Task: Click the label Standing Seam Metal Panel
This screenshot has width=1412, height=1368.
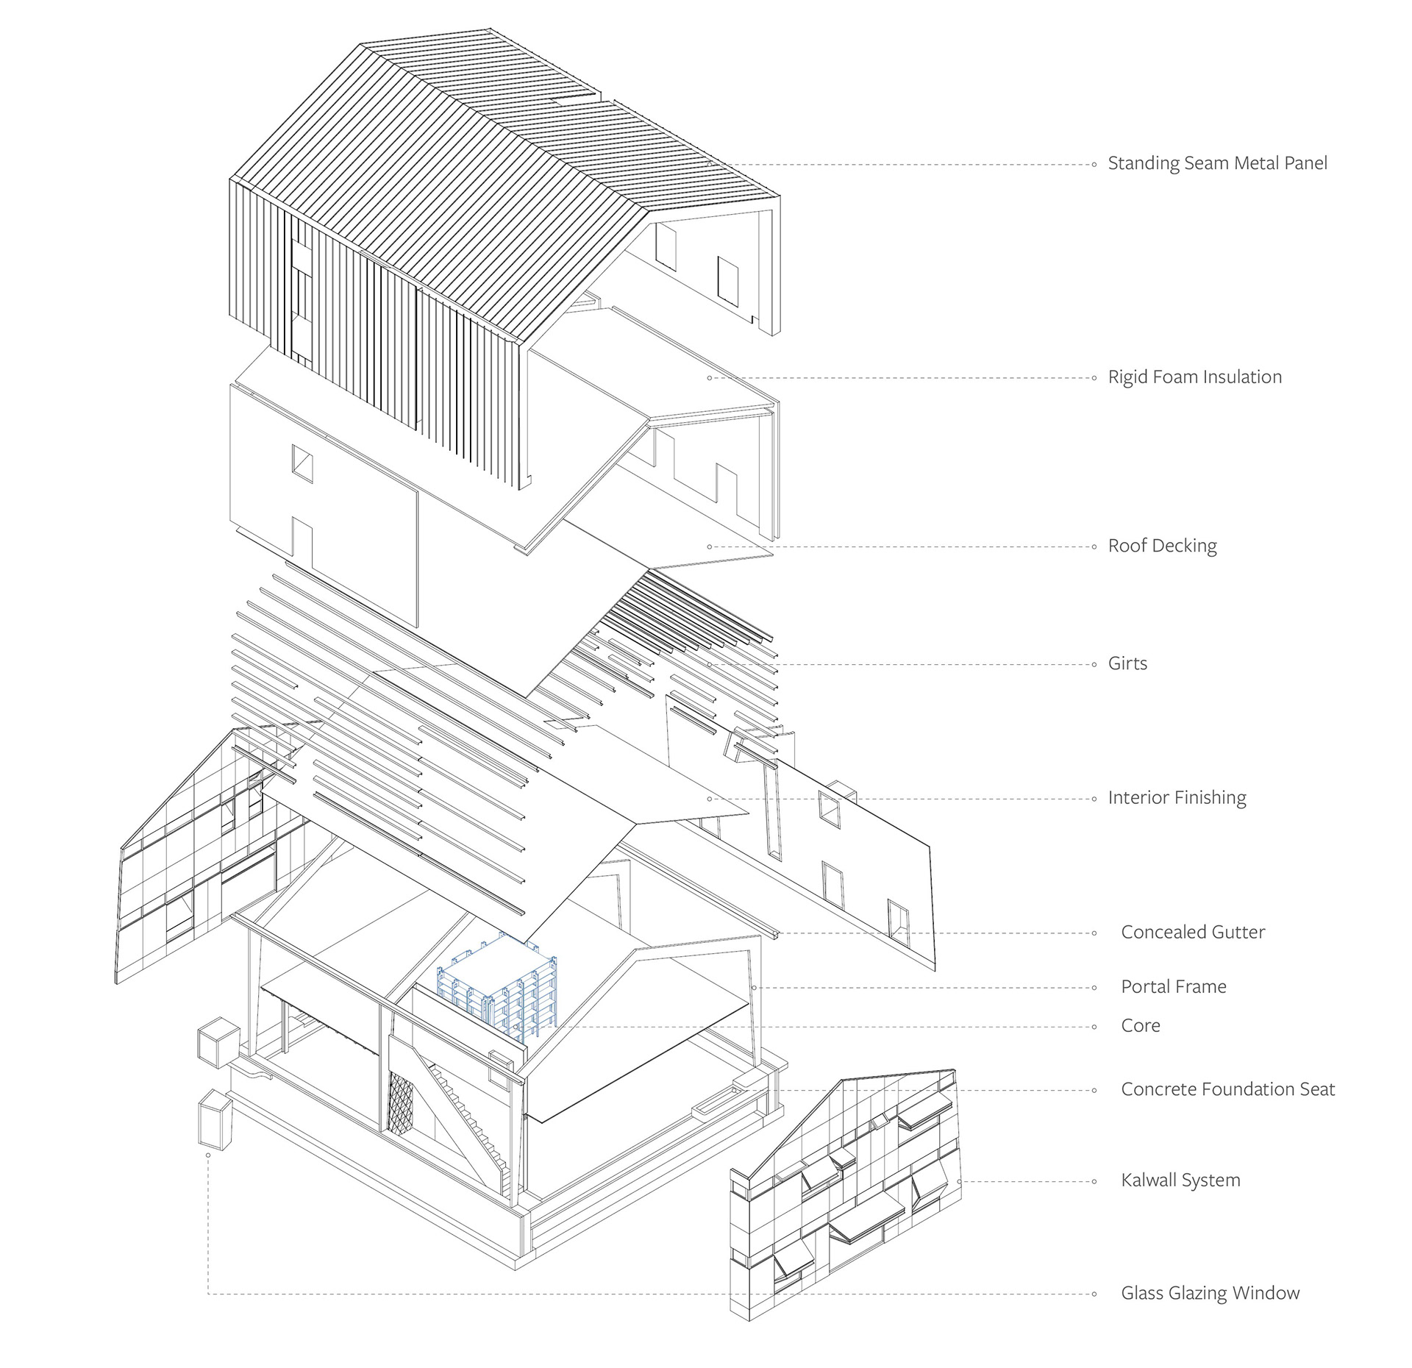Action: [1217, 163]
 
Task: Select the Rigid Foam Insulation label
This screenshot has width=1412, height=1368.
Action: [1194, 377]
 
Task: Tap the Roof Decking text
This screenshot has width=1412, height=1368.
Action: [1162, 546]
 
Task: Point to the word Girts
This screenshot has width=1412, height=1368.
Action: [1127, 663]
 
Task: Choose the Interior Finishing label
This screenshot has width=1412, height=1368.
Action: [1177, 798]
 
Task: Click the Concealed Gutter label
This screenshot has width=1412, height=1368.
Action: [1193, 933]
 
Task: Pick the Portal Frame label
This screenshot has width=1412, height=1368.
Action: [1174, 987]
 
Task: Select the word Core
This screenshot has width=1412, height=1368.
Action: [1141, 1026]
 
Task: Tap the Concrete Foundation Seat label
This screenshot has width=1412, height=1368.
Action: [1227, 1089]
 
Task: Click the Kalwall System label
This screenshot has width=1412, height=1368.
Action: [1180, 1180]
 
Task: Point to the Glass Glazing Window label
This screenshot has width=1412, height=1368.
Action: [1210, 1293]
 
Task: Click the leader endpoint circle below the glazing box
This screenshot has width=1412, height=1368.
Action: [209, 1155]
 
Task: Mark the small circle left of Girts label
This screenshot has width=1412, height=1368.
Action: [1094, 664]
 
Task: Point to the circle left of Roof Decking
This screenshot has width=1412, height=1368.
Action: [1094, 546]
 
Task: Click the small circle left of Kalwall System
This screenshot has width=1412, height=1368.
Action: [1094, 1182]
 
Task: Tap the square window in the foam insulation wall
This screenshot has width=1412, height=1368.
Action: [302, 464]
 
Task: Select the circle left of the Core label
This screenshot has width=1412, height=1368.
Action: [1094, 1027]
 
